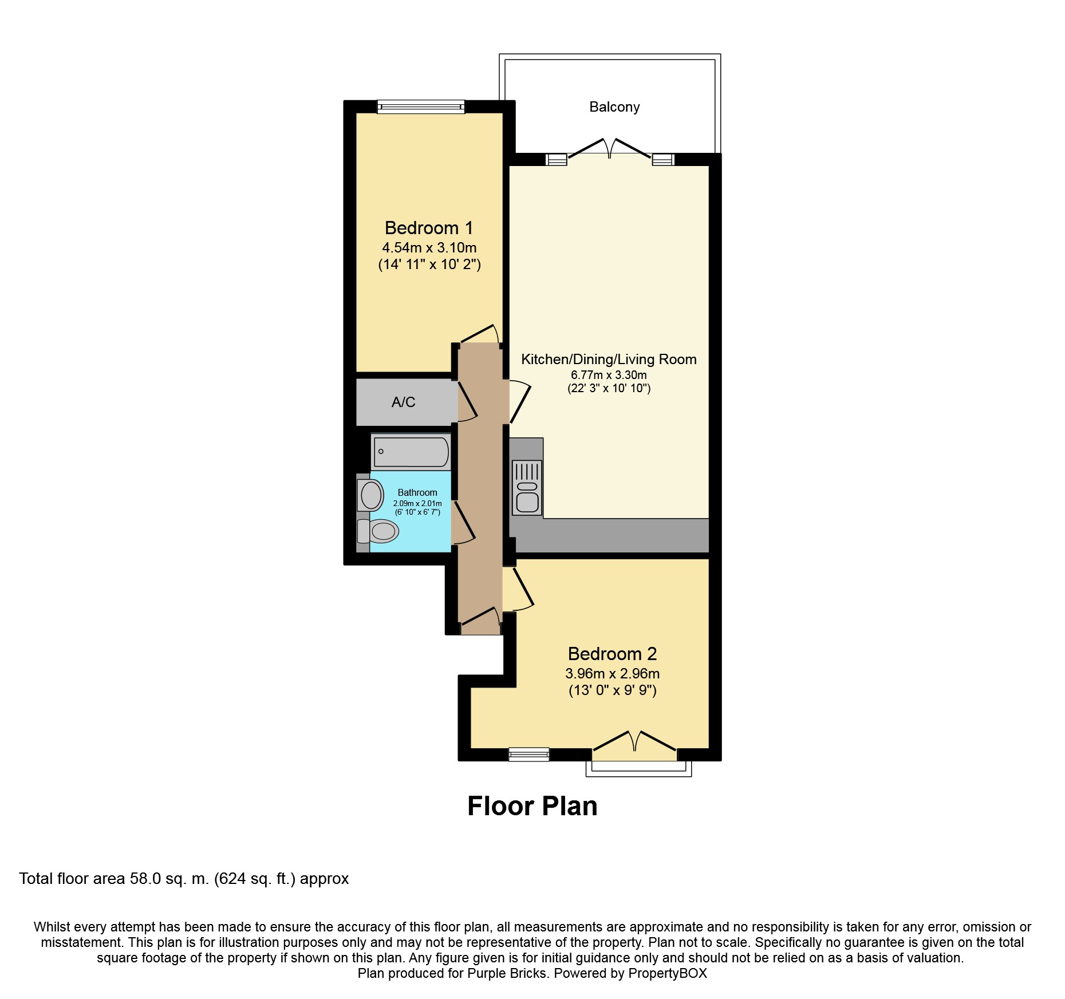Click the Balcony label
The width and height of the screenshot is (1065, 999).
coord(614,107)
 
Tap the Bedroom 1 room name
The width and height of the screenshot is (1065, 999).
coord(429,228)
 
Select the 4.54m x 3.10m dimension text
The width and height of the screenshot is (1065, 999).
coord(429,248)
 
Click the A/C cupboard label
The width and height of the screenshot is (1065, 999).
coord(403,402)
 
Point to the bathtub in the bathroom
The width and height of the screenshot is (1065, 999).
coord(411,452)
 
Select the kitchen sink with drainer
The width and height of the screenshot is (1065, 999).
coord(527,488)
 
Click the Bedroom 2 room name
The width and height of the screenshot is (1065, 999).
coord(612,654)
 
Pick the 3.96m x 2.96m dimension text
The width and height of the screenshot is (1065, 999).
coord(612,674)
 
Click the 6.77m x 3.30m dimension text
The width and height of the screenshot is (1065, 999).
coord(609,376)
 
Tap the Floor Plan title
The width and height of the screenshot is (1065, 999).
coord(532,806)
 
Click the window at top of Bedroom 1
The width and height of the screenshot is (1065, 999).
coord(421,106)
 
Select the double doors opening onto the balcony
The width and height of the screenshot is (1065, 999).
coord(609,148)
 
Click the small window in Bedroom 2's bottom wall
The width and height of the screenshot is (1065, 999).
coord(529,755)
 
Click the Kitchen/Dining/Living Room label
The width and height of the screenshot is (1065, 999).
coord(609,360)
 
